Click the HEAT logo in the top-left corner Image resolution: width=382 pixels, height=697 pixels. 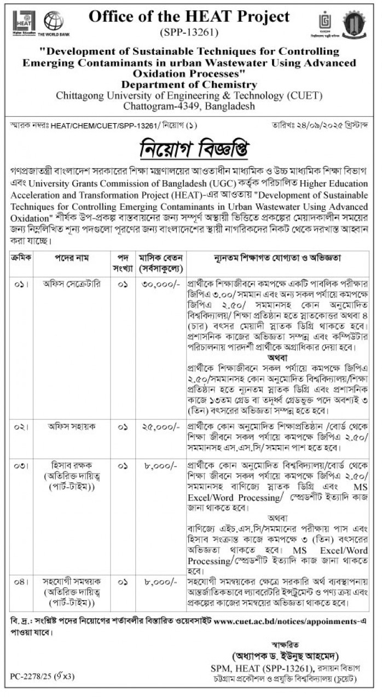pos(24,22)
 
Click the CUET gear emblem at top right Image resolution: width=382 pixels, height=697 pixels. pos(353,24)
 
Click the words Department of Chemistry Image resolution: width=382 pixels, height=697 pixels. pos(189,84)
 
